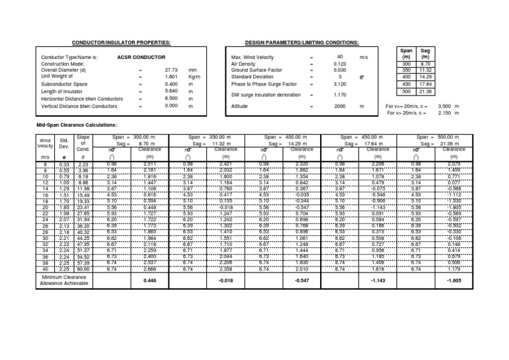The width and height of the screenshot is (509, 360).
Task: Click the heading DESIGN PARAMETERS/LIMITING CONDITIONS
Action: click(302, 42)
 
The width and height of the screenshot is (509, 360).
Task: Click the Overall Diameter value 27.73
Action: click(170, 70)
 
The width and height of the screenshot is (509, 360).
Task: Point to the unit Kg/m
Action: click(194, 77)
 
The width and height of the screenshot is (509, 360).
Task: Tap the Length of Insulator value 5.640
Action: click(170, 91)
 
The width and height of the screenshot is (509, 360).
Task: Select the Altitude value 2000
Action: click(339, 106)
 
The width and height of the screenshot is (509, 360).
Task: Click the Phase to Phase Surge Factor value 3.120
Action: click(339, 85)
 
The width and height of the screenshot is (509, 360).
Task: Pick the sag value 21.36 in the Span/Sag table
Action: click(427, 91)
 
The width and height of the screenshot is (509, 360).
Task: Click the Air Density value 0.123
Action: click(339, 64)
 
